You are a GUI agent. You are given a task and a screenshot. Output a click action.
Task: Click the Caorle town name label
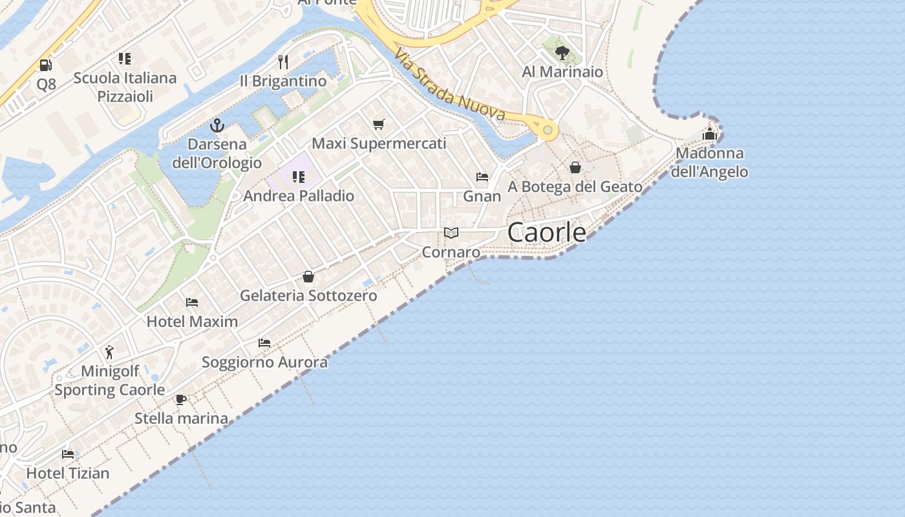click(x=547, y=233)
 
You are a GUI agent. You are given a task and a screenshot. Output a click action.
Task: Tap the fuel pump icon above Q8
click(x=45, y=65)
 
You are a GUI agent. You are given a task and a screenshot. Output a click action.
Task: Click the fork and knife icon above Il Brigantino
click(x=282, y=62)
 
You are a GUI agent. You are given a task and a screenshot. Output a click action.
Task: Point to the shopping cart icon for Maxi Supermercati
click(x=379, y=124)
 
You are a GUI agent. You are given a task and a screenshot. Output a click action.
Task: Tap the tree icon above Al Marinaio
click(x=562, y=53)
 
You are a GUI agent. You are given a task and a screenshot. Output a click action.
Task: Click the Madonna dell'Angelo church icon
click(x=710, y=134)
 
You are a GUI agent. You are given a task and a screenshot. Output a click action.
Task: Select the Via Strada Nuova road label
click(x=450, y=85)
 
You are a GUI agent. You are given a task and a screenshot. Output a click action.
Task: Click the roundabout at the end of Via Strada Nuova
click(x=548, y=131)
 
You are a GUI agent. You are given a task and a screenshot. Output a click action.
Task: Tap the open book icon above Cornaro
click(x=451, y=233)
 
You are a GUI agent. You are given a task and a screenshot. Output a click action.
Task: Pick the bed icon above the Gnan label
click(x=482, y=177)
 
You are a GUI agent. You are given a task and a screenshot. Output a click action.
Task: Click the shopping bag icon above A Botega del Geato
click(x=575, y=168)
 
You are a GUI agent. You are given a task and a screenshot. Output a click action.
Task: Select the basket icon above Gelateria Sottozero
click(x=308, y=277)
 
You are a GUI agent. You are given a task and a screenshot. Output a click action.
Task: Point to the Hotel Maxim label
click(x=192, y=321)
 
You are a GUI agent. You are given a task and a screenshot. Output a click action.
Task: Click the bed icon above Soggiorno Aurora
click(x=264, y=343)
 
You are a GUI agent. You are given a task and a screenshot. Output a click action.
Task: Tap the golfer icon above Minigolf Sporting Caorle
click(x=109, y=352)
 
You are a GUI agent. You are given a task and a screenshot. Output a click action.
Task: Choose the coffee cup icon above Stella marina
click(x=181, y=399)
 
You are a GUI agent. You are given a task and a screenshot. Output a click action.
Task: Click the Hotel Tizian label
click(x=68, y=473)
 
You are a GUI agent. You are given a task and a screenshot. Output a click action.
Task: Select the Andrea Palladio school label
click(x=299, y=196)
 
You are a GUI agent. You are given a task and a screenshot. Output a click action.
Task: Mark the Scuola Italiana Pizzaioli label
click(x=125, y=87)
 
